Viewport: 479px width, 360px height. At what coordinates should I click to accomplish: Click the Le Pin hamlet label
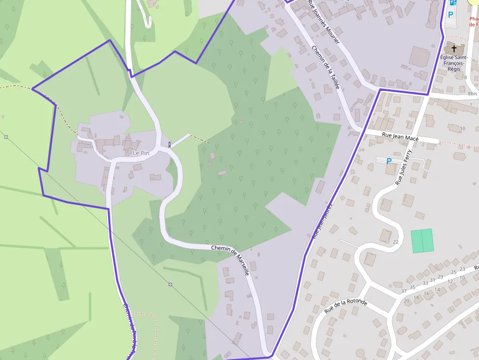141,153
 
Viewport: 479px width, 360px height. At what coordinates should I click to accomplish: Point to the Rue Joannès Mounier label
324,21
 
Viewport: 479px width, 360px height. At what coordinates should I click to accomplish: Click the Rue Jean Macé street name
400,137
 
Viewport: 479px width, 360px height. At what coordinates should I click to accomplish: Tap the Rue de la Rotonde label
346,306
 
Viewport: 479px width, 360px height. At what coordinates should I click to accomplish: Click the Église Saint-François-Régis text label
454,63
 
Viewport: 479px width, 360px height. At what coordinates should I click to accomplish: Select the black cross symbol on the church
454,49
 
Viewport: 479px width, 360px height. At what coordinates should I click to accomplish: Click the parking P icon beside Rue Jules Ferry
389,161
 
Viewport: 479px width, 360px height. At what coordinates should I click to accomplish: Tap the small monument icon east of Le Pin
170,144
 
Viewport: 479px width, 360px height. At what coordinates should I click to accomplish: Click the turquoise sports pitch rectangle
422,241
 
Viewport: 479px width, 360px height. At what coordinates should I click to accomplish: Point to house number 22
395,242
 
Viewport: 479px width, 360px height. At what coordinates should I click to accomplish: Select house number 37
404,291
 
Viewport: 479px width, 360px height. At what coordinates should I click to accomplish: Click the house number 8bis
472,93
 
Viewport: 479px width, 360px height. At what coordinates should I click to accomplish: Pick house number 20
406,300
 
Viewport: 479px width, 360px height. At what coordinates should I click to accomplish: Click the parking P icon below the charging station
450,14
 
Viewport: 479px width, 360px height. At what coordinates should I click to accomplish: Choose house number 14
437,290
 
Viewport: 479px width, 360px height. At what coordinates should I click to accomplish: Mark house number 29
440,277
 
